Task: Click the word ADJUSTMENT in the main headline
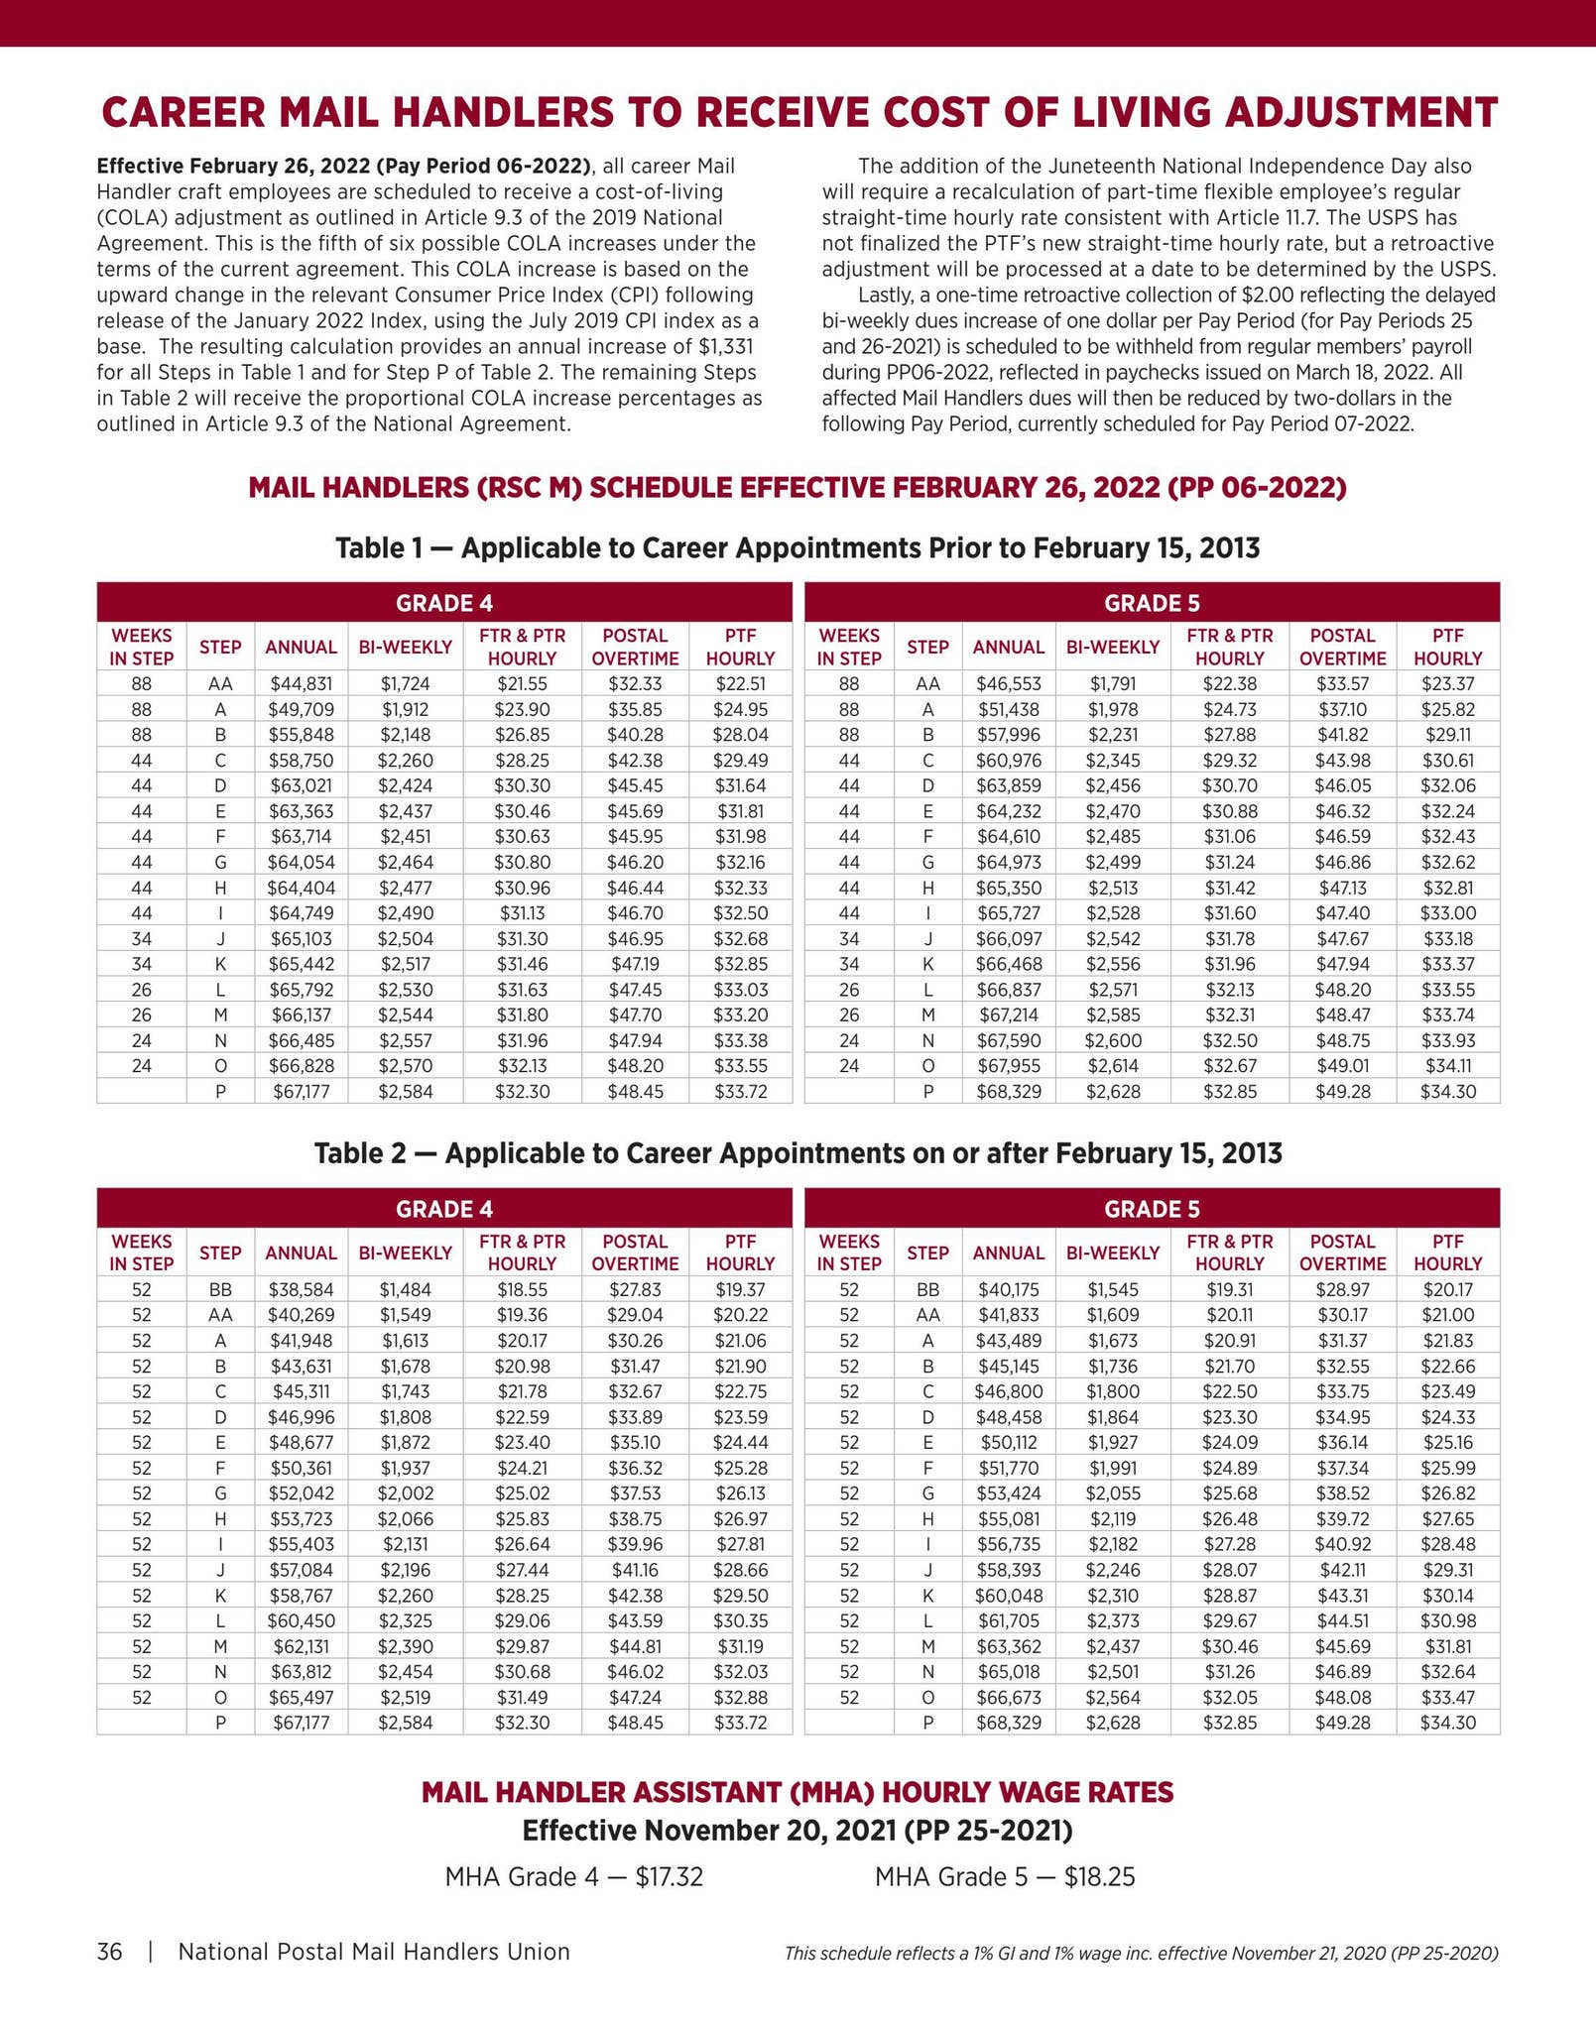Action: pyautogui.click(x=1361, y=113)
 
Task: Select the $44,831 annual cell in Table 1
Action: pyautogui.click(x=301, y=683)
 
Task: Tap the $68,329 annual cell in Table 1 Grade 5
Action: pyautogui.click(x=1008, y=1092)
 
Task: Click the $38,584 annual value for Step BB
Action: pyautogui.click(x=301, y=1289)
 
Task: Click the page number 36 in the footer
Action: pyautogui.click(x=109, y=1952)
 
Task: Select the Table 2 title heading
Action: pyautogui.click(x=798, y=1153)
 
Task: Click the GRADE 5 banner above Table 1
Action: pyautogui.click(x=1152, y=603)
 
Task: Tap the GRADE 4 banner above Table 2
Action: pyautogui.click(x=444, y=1209)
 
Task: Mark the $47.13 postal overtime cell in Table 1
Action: pyautogui.click(x=1342, y=888)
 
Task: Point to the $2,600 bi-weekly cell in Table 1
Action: pyautogui.click(x=1112, y=1040)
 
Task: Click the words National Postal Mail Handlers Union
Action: pyautogui.click(x=374, y=1952)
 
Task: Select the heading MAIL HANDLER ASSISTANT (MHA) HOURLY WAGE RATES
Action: pyautogui.click(x=798, y=1792)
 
